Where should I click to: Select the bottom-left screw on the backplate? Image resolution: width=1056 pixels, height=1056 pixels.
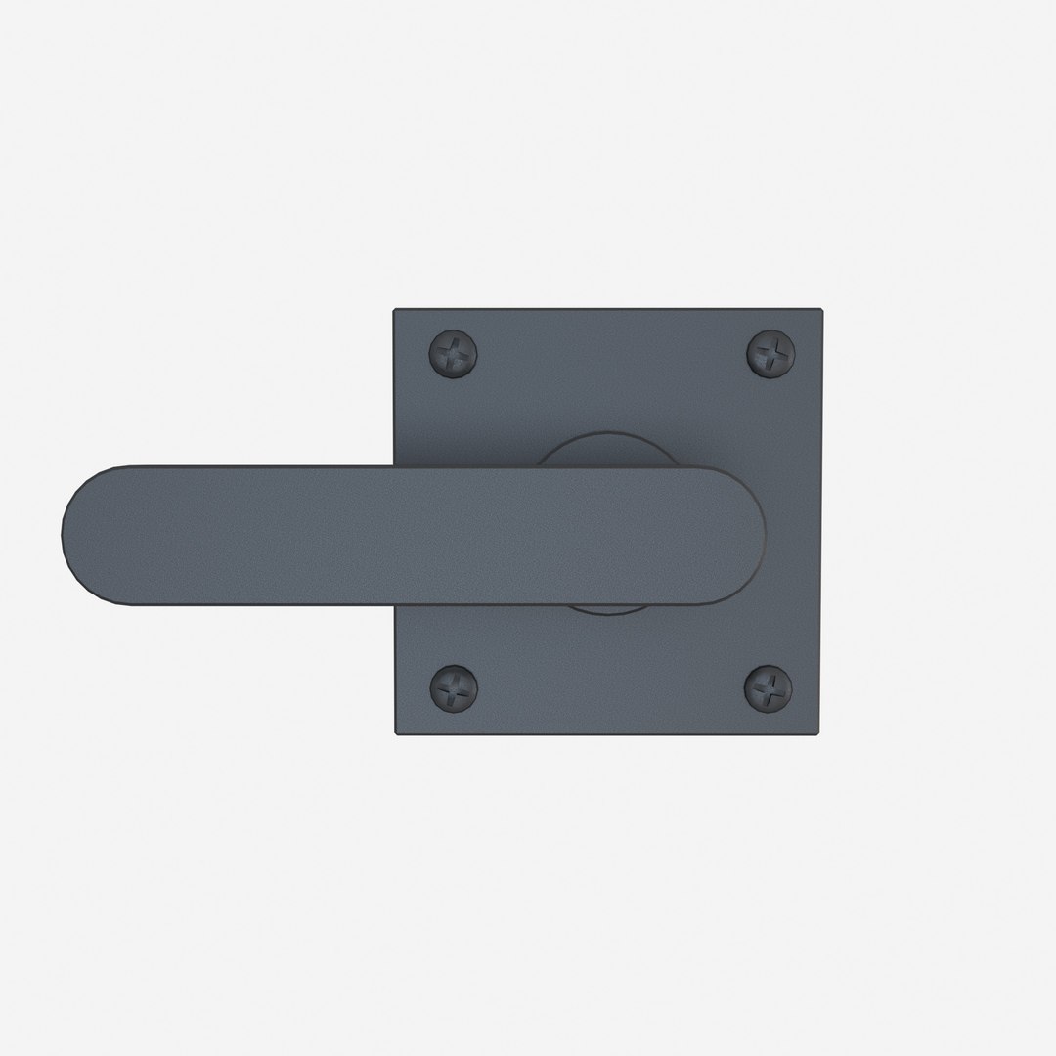point(455,686)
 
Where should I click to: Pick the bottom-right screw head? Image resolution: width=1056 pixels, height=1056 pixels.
point(769,686)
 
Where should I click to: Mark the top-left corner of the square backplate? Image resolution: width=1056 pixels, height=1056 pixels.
point(395,312)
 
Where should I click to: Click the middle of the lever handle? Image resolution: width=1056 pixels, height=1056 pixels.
point(411,532)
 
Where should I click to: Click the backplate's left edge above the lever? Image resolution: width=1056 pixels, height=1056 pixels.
point(395,391)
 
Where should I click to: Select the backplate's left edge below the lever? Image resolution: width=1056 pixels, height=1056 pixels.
point(395,665)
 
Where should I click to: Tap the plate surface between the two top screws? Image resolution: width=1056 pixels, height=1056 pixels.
point(612,354)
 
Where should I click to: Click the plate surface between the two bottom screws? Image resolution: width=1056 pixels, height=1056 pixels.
point(612,686)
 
